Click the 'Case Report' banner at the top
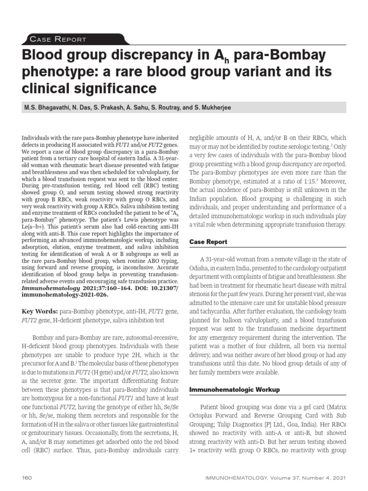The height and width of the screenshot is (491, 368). click(58, 39)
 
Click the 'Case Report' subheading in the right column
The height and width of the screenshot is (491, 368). click(208, 242)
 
